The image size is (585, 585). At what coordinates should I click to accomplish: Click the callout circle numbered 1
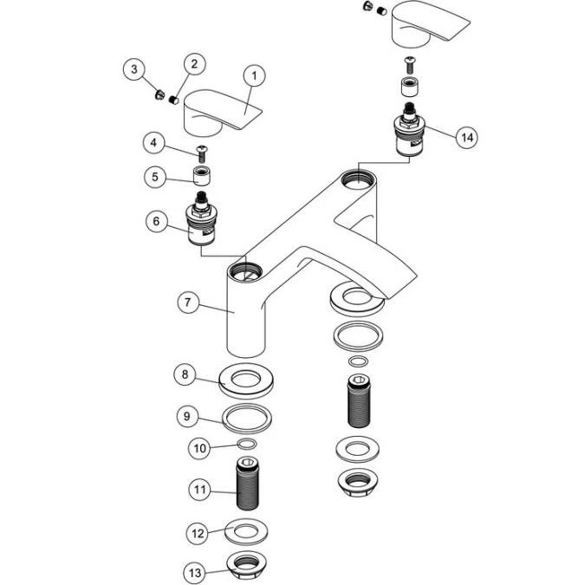255,75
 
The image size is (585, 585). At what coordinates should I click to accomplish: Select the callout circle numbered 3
134,69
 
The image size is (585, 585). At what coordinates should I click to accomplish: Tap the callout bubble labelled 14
467,137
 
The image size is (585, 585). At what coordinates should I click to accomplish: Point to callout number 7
188,302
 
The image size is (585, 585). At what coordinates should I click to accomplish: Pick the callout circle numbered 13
195,573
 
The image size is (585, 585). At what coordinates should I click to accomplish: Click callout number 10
199,448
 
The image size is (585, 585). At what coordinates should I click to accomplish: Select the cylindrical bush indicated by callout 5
201,176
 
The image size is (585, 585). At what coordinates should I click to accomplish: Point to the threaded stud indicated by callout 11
248,484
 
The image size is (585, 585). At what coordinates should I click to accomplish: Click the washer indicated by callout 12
246,531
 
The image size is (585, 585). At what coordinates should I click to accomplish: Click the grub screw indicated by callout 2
173,100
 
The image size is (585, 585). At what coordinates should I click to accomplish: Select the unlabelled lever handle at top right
429,24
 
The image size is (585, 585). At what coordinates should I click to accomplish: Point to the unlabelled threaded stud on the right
359,401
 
